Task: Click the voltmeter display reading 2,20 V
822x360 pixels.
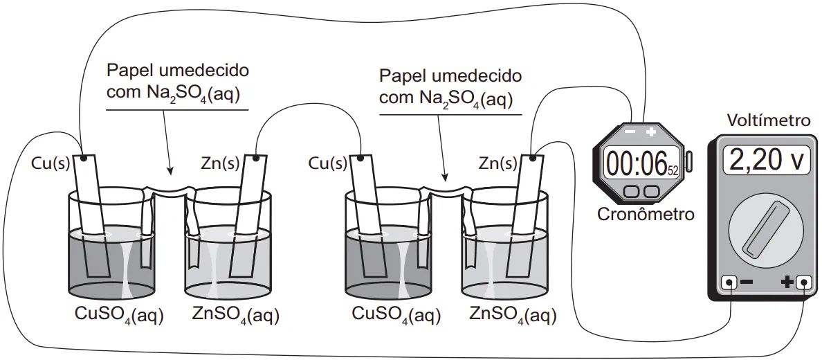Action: [x=766, y=160]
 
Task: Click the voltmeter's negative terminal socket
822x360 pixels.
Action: [x=729, y=282]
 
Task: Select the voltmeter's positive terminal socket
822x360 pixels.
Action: [x=803, y=282]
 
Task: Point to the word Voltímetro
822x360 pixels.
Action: [x=768, y=120]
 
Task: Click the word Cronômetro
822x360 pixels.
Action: [x=645, y=215]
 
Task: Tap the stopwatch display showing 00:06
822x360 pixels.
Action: [x=641, y=163]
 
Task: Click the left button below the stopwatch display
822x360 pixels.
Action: [x=632, y=190]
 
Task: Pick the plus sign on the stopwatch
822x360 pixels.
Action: [x=650, y=132]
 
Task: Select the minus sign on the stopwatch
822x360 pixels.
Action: [x=630, y=132]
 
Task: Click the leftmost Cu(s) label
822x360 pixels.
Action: [x=51, y=163]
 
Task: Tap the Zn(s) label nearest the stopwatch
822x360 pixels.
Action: [x=497, y=163]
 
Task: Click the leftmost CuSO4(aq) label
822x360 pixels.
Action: [x=119, y=316]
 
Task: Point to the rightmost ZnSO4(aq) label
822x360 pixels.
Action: [x=513, y=316]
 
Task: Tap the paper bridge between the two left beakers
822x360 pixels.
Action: [x=170, y=190]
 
